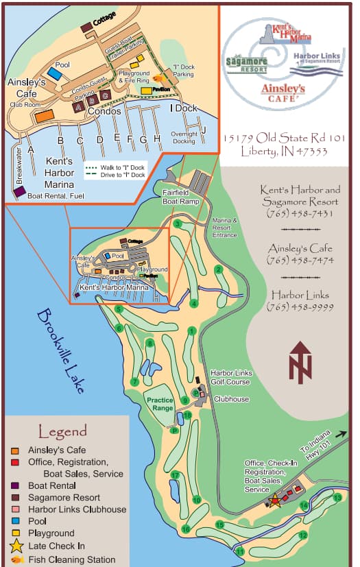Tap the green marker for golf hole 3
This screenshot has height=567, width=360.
[x=177, y=224]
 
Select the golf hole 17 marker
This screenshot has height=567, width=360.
[x=176, y=475]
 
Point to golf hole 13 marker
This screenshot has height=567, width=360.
[x=337, y=497]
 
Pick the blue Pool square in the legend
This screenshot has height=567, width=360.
[x=15, y=521]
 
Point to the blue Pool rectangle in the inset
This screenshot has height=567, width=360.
[x=54, y=73]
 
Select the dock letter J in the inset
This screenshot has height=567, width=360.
[x=203, y=129]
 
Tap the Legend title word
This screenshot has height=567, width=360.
[x=62, y=431]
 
